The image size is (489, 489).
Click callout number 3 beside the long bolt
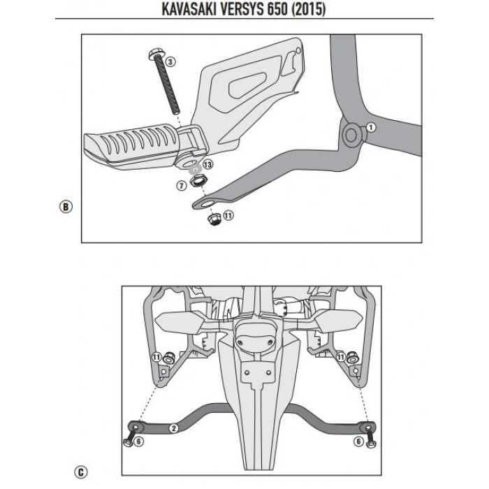click(170, 62)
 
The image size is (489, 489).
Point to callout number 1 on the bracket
click(371, 127)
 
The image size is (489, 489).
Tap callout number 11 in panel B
click(229, 215)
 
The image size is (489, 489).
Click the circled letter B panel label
click(66, 207)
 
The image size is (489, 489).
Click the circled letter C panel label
click(83, 472)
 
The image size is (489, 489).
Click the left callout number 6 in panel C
click(138, 441)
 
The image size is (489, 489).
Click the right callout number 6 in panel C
click(358, 441)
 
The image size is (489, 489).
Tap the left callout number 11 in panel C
click(156, 357)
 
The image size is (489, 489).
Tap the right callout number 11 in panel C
click(340, 357)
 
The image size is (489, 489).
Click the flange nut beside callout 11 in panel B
click(214, 219)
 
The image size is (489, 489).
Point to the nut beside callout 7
click(198, 183)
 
